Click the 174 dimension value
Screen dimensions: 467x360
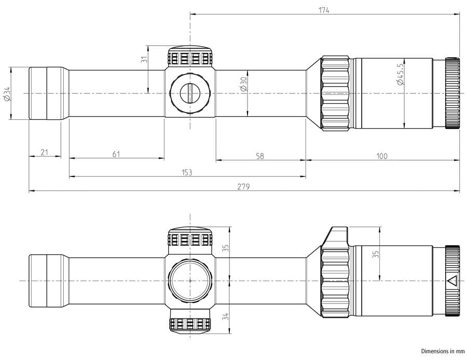[324, 10]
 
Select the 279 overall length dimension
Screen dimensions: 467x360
[243, 187]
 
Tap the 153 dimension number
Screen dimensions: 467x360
[187, 172]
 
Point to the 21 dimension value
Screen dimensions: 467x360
[45, 153]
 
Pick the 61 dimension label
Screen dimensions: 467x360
[116, 154]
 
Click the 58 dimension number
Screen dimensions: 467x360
[260, 156]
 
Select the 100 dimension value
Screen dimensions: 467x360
[382, 156]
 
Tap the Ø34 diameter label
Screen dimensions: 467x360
[7, 93]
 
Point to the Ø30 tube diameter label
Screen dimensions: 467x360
[243, 84]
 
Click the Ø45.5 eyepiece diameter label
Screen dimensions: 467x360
[400, 74]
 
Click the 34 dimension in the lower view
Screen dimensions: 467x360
[226, 316]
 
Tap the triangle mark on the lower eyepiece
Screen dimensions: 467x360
[452, 281]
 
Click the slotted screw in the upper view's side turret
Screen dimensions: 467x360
[189, 93]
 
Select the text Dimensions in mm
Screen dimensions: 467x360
[443, 351]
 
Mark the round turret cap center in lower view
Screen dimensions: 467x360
[190, 280]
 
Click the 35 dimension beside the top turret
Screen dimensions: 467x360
[226, 248]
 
